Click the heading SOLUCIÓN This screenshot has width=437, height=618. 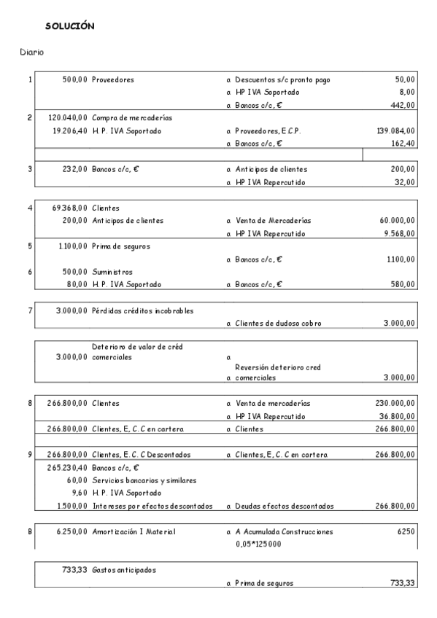click(69, 26)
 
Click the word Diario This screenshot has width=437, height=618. click(32, 52)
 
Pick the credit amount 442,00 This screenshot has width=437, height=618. click(403, 105)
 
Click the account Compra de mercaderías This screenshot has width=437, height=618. click(131, 117)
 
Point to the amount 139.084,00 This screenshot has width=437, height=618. click(395, 130)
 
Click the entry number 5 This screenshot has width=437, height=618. click(30, 246)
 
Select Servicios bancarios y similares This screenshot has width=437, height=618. click(142, 480)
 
